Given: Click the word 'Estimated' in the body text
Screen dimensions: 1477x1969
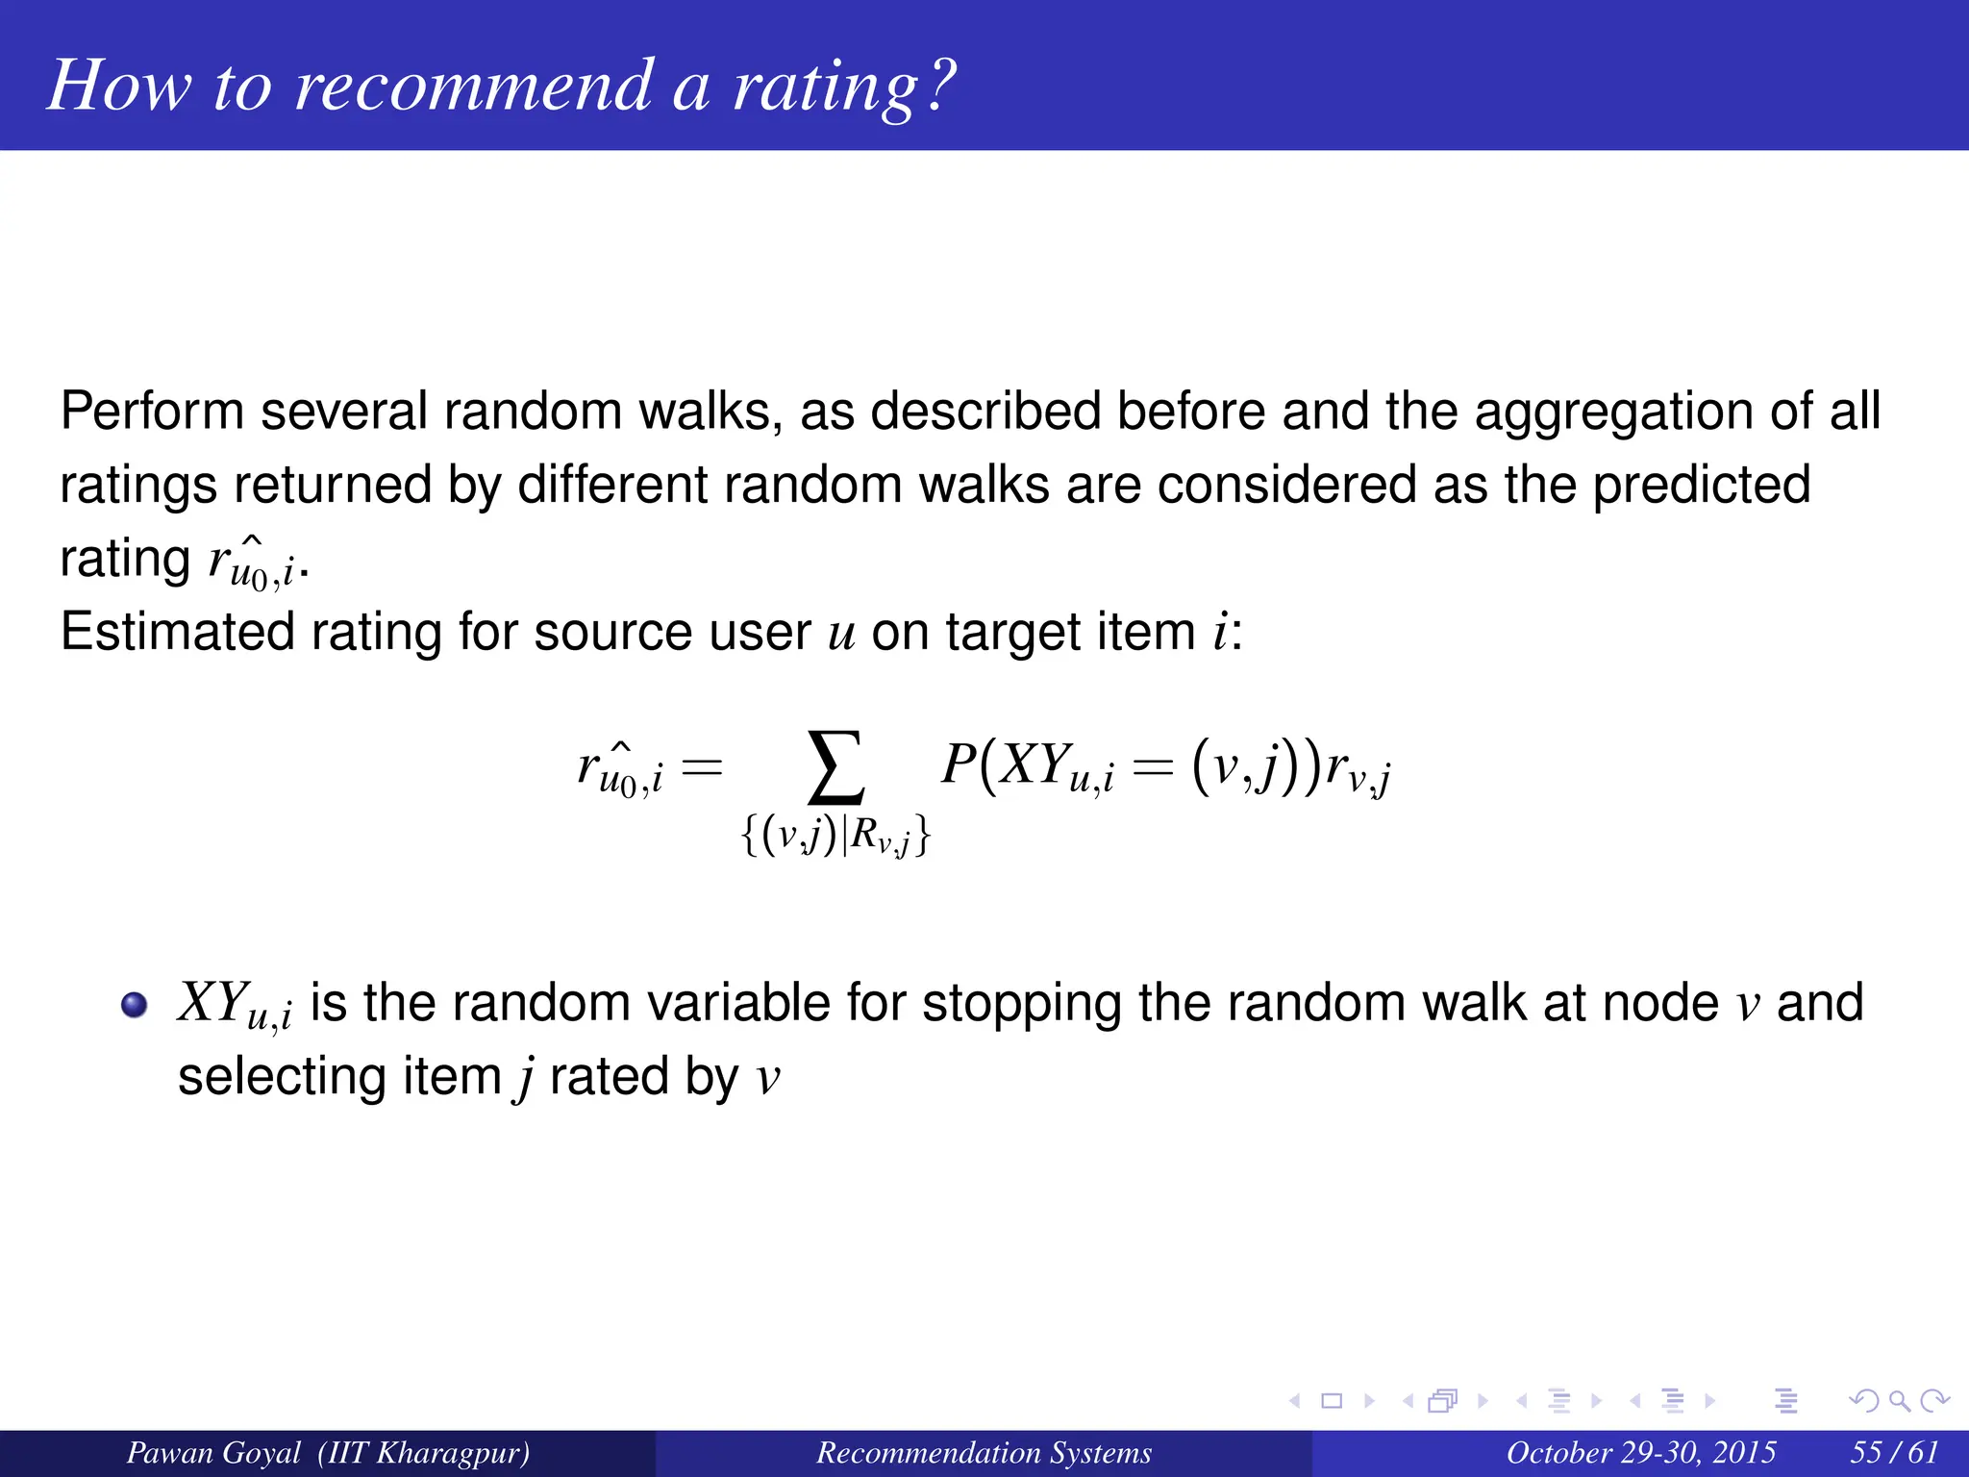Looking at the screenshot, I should pyautogui.click(x=177, y=633).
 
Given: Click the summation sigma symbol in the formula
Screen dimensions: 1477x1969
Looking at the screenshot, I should pyautogui.click(x=835, y=767).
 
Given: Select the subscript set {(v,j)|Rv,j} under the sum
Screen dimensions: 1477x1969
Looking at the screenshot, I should pyautogui.click(x=835, y=836).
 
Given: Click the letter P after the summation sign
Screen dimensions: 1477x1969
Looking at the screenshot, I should pyautogui.click(x=959, y=766).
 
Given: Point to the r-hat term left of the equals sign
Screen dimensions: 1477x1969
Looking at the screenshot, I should pyautogui.click(x=620, y=770).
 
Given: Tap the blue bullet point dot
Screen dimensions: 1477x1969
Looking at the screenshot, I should pyautogui.click(x=135, y=1006).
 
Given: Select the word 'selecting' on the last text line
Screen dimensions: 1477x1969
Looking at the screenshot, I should pyautogui.click(x=282, y=1077).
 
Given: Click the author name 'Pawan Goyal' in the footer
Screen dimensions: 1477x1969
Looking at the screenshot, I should pyautogui.click(x=213, y=1452).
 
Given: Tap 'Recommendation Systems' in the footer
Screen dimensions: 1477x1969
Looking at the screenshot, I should pyautogui.click(x=984, y=1452).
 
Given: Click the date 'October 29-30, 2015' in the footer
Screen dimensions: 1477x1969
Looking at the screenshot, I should pyautogui.click(x=1640, y=1452).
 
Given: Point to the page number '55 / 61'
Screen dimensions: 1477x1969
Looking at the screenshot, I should pyautogui.click(x=1893, y=1452).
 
